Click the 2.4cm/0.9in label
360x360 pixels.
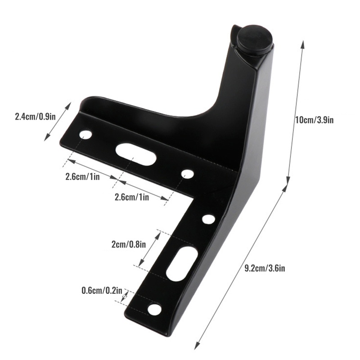coord(35,117)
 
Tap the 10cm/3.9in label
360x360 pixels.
coord(314,120)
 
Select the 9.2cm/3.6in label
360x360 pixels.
coord(265,269)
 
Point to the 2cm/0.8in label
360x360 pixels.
coord(129,245)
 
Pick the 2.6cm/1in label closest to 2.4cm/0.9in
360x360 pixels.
coord(82,177)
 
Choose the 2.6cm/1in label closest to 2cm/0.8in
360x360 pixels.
coord(132,197)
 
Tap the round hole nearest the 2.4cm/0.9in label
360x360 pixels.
coord(85,134)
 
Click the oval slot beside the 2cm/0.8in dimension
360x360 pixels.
coord(181,262)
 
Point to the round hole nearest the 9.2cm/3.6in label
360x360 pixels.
coord(208,219)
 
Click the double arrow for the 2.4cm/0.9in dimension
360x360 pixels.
coord(58,121)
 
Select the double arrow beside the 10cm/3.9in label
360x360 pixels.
coord(296,112)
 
